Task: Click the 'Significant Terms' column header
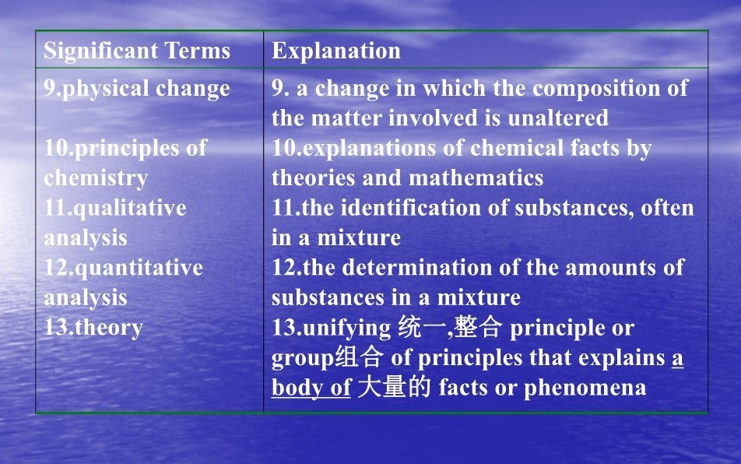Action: (137, 51)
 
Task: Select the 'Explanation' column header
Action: (336, 51)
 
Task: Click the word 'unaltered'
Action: (558, 118)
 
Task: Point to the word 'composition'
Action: (596, 89)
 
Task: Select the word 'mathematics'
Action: (476, 178)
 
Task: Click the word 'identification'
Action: (410, 207)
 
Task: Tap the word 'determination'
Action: (417, 268)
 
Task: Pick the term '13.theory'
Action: (93, 328)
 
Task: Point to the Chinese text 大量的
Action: (394, 387)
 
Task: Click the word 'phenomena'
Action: (585, 388)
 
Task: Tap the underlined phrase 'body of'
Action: (311, 387)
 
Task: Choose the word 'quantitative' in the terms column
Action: (139, 269)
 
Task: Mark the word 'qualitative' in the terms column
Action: (130, 209)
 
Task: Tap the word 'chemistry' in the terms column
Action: (96, 178)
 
